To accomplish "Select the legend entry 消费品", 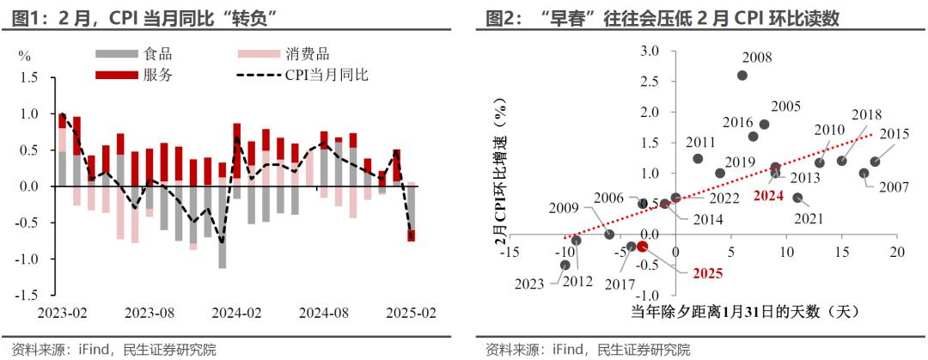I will click(x=308, y=55).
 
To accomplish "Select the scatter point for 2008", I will click(x=742, y=76).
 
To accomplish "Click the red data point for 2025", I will click(x=642, y=247).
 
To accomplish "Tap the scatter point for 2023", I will click(x=565, y=265).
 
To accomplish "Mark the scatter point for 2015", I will click(x=875, y=162).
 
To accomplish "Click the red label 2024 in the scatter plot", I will click(x=769, y=195).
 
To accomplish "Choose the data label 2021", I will click(x=809, y=218).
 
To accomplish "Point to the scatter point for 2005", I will click(x=764, y=125).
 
